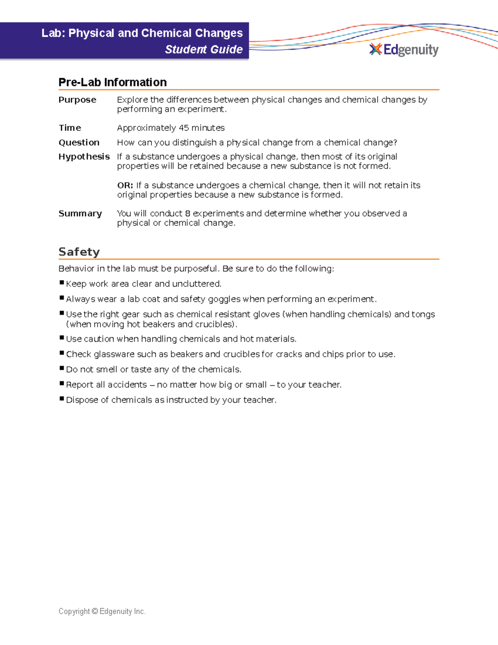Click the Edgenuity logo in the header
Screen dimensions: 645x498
point(404,50)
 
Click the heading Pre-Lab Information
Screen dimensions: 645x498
point(112,82)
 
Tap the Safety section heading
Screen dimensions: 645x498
point(79,252)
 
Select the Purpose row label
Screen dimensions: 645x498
point(77,100)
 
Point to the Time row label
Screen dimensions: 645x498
point(70,128)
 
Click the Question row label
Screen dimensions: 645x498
point(79,142)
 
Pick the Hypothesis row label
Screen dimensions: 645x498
point(84,157)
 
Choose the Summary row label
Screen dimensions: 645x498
point(80,213)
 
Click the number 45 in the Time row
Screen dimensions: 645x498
point(183,128)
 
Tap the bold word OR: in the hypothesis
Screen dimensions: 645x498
point(125,185)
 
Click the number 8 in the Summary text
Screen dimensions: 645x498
point(188,213)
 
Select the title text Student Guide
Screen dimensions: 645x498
point(204,49)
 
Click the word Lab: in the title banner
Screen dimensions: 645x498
point(54,33)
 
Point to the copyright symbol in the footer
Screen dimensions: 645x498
point(95,611)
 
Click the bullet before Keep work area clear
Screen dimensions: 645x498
point(62,283)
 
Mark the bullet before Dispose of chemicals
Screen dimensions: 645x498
point(62,399)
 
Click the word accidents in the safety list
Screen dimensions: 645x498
point(127,385)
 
